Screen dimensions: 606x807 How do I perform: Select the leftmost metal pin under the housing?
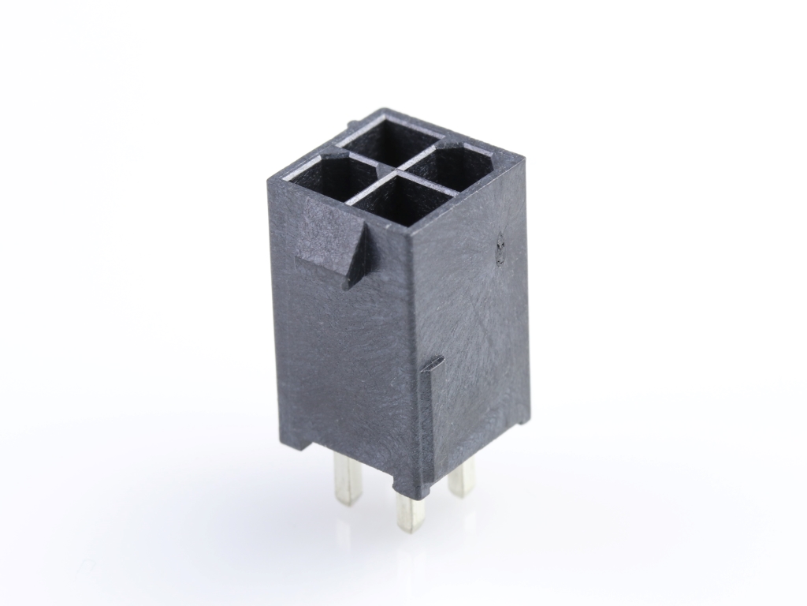point(347,477)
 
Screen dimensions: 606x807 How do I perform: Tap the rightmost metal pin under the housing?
point(463,477)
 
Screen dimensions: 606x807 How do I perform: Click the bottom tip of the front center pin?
point(408,529)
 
